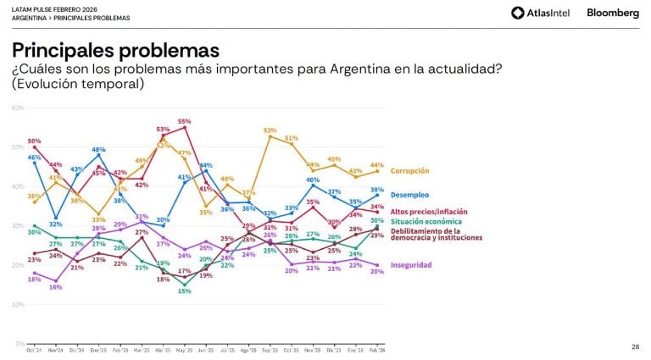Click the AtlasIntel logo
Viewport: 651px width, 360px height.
[x=540, y=13]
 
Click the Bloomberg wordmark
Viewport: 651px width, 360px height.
[x=613, y=13]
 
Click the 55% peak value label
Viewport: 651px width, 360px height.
[x=185, y=122]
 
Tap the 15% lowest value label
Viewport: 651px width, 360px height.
[x=185, y=291]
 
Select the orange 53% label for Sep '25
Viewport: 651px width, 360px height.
[x=270, y=130]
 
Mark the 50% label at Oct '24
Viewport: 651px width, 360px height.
[x=34, y=141]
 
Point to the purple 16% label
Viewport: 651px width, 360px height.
[x=56, y=287]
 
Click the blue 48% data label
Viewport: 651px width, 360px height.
[x=98, y=150]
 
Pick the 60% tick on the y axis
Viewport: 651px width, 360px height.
[x=17, y=108]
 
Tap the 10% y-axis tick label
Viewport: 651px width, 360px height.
[x=17, y=304]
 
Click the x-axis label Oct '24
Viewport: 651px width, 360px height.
[x=34, y=349]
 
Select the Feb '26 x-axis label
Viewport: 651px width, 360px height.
[x=377, y=349]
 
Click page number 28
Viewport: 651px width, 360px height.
[x=635, y=346]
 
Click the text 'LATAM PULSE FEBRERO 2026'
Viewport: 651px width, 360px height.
[x=48, y=8]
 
